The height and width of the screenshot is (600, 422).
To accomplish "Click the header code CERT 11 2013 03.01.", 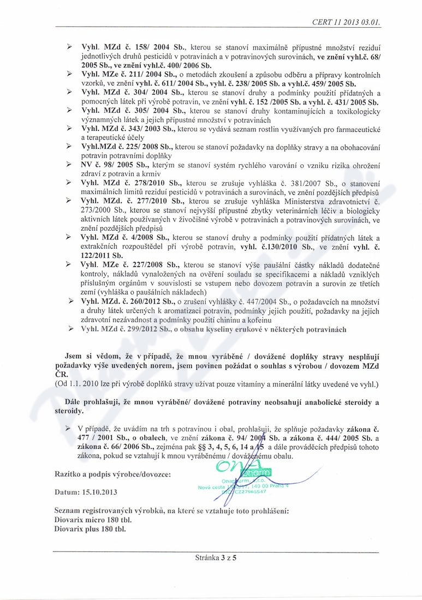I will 346,22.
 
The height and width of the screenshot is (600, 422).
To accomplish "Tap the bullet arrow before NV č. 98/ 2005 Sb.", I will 69,164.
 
